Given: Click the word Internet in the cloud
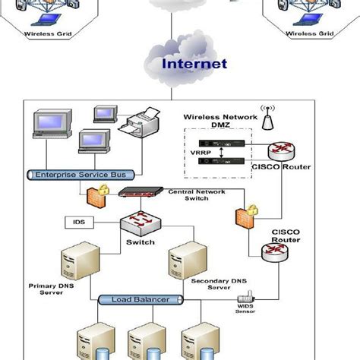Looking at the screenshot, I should pyautogui.click(x=193, y=64).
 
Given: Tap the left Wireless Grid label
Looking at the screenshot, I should pyautogui.click(x=46, y=33).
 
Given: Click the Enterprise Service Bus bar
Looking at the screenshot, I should pyautogui.click(x=68, y=175).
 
